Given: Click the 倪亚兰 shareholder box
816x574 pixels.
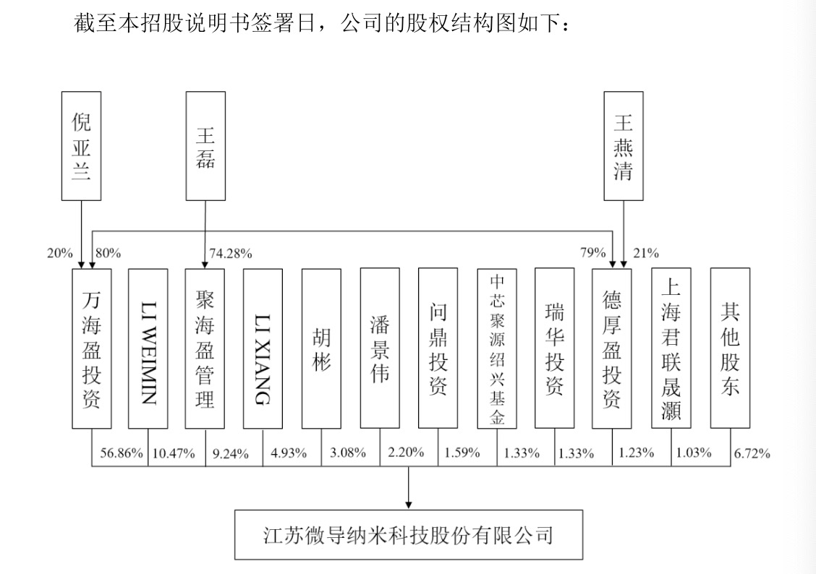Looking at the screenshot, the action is [x=81, y=146].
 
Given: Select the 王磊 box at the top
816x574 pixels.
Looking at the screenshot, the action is [x=205, y=146].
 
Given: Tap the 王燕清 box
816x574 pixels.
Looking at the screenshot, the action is [x=623, y=146].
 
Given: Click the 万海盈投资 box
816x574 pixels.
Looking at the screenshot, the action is [x=91, y=348].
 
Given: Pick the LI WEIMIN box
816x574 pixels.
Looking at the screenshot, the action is [x=148, y=348].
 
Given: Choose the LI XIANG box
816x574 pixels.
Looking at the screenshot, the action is [x=263, y=348].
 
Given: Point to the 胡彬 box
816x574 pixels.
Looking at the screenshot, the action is [x=321, y=348].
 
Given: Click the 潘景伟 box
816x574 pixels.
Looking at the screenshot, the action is [x=379, y=348].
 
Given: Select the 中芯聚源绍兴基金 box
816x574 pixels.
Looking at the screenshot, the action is [x=497, y=348].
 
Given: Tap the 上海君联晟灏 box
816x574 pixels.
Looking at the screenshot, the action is [x=671, y=348].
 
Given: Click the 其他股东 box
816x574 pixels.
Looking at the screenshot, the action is [x=729, y=348].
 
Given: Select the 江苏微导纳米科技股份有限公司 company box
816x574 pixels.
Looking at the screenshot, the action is [x=408, y=535].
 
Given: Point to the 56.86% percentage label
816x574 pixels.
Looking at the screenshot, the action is [x=121, y=453].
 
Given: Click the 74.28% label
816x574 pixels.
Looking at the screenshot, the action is [x=230, y=253].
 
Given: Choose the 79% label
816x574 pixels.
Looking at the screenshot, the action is [x=593, y=253].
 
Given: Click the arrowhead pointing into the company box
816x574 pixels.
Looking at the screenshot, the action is [x=409, y=504].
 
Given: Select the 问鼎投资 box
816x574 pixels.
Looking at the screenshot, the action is [x=438, y=348].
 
